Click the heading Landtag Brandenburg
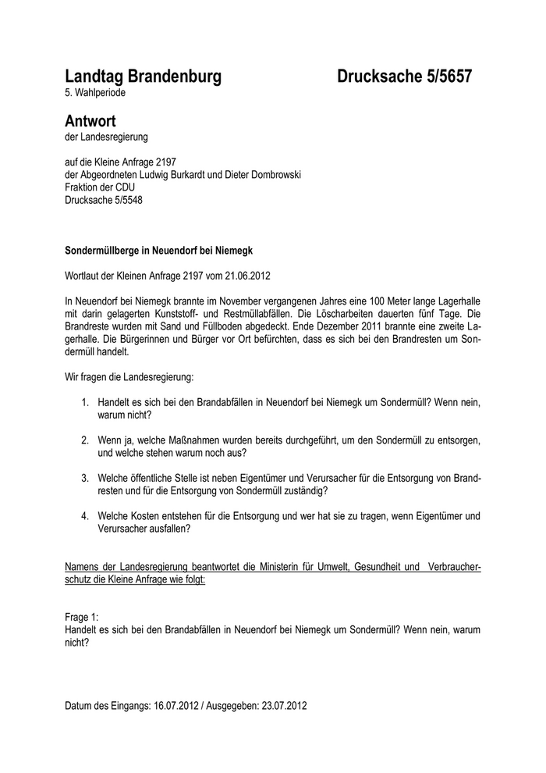pyautogui.click(x=143, y=77)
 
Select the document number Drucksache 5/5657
pyautogui.click(x=404, y=77)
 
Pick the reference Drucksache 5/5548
pyautogui.click(x=104, y=199)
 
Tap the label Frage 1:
pyautogui.click(x=82, y=617)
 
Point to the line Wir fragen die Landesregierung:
pyautogui.click(x=129, y=377)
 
